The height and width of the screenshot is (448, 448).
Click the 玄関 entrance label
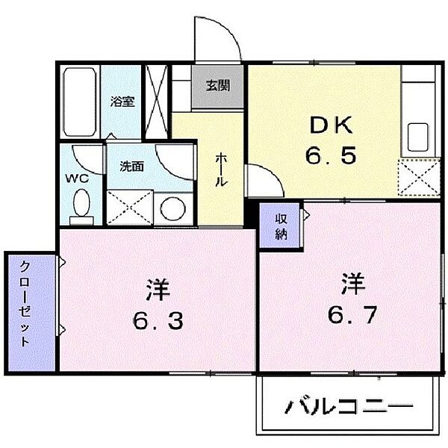point(218,85)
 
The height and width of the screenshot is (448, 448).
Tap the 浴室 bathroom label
point(122,102)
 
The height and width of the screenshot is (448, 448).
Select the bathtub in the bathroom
point(80,102)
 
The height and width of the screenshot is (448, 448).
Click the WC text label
point(77,179)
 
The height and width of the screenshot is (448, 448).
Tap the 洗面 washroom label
point(131,167)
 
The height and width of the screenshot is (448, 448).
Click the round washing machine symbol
point(172,208)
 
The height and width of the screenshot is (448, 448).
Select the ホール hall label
point(221,169)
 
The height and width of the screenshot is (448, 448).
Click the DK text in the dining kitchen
point(331,125)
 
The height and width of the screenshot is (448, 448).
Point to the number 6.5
point(331,155)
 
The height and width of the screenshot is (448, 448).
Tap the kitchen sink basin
point(417,137)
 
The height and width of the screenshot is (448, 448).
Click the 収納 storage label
point(281,227)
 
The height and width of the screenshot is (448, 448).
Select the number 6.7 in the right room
point(352,314)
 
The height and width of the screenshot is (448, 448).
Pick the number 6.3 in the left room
point(158,320)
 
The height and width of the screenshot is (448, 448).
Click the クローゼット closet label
point(25,304)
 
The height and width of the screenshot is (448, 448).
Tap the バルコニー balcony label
point(349,406)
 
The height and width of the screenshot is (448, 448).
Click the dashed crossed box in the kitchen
point(419,178)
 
